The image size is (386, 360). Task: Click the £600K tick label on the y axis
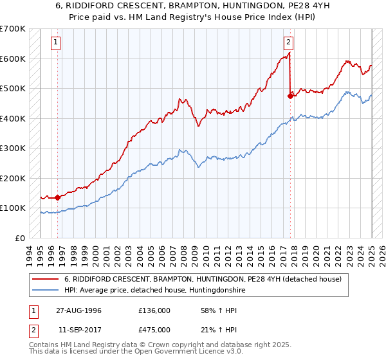[12, 59]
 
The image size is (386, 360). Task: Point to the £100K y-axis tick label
[12, 208]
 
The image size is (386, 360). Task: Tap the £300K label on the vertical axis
[12, 148]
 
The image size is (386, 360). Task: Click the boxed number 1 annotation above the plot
[57, 43]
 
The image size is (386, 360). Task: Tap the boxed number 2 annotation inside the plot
[289, 43]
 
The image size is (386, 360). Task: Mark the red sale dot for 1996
[58, 197]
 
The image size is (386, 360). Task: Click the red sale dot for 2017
[290, 96]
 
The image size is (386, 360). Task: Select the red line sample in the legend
[46, 279]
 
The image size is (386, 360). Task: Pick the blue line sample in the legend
[46, 290]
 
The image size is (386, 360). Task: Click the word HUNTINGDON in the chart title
[237, 6]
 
